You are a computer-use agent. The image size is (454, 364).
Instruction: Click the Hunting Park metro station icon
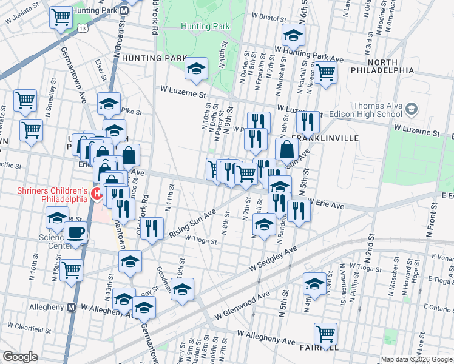pyautogui.click(x=124, y=12)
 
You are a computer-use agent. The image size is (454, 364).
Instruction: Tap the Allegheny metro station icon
pyautogui.click(x=71, y=308)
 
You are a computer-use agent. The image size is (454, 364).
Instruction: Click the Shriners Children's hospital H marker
pyautogui.click(x=95, y=194)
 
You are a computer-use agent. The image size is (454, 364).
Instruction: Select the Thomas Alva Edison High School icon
pyautogui.click(x=412, y=109)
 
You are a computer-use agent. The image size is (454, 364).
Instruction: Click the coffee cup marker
pyautogui.click(x=76, y=234)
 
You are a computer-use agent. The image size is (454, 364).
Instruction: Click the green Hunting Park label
pyautogui.click(x=205, y=26)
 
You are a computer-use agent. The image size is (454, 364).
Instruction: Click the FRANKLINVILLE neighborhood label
pyautogui.click(x=327, y=138)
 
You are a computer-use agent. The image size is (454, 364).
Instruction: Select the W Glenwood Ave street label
pyautogui.click(x=243, y=306)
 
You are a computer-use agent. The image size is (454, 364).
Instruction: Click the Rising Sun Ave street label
pyautogui.click(x=193, y=223)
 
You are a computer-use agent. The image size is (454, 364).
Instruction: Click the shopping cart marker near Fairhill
pyautogui.click(x=325, y=335)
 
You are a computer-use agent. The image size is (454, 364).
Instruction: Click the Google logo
pyautogui.click(x=20, y=356)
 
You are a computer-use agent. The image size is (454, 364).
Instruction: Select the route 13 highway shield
pyautogui.click(x=82, y=27)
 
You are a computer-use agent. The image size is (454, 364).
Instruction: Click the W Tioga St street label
pyautogui.click(x=201, y=240)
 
